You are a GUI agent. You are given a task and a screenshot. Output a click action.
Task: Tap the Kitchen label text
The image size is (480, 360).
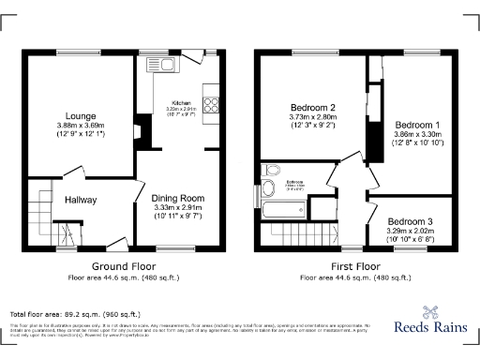(181, 102)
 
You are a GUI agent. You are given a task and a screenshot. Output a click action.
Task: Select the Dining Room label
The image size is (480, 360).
(178, 198)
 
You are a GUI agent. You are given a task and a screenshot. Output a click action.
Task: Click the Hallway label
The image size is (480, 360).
(82, 199)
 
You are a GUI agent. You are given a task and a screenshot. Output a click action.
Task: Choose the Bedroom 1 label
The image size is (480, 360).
(412, 126)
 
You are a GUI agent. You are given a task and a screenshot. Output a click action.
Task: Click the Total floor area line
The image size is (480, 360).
(74, 313)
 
